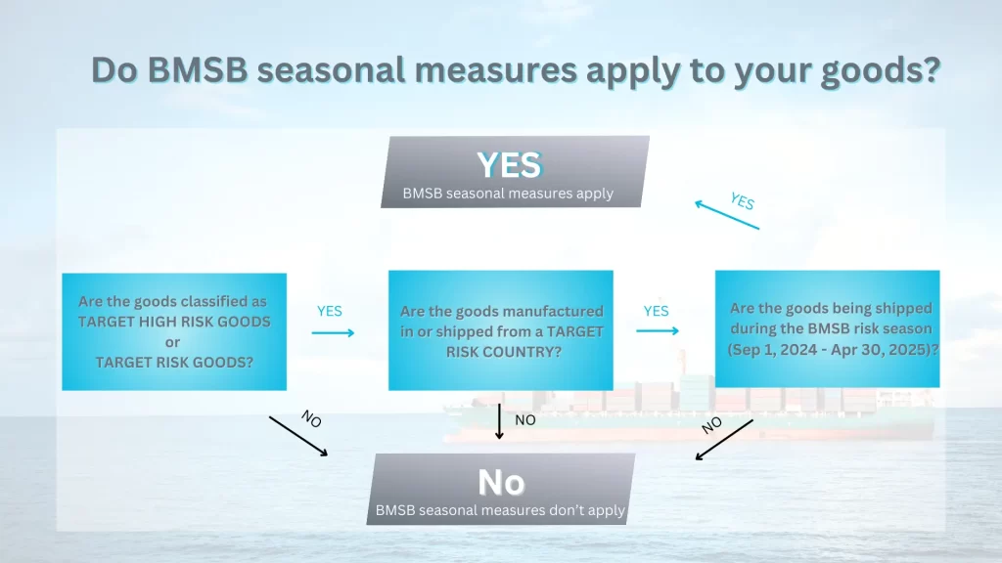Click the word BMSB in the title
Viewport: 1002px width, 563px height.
[x=198, y=69]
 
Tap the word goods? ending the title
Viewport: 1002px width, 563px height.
[x=881, y=71]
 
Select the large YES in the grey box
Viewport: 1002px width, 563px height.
[x=509, y=164]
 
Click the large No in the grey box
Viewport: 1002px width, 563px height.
[x=501, y=482]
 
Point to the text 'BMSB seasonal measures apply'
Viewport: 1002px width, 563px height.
[x=508, y=194]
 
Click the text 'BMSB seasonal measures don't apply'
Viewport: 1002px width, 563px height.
[x=500, y=510]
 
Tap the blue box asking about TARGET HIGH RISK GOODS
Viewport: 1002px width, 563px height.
[x=174, y=331]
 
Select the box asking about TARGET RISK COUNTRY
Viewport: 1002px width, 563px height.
[x=501, y=330]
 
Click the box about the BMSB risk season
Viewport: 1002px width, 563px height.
[x=828, y=328]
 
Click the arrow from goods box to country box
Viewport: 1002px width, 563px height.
[x=333, y=332]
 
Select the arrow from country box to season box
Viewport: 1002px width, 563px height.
[x=658, y=330]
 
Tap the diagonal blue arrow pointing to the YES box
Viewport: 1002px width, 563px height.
[x=727, y=215]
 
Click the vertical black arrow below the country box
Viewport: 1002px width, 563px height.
[x=500, y=421]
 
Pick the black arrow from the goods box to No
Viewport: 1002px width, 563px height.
[x=298, y=436]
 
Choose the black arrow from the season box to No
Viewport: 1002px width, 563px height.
[x=724, y=440]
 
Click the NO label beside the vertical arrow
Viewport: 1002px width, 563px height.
[x=525, y=420]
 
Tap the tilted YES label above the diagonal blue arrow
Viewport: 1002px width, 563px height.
[x=743, y=201]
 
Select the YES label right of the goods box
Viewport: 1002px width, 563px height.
[x=330, y=311]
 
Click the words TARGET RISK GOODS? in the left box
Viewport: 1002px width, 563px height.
[x=174, y=362]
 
